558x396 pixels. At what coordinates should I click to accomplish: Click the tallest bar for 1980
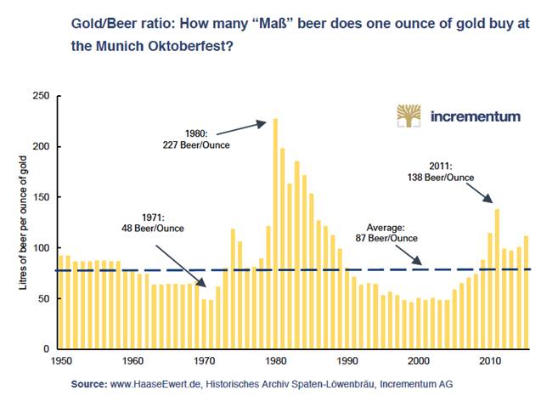tap(275, 234)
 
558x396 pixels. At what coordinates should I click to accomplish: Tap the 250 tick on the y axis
tap(39, 96)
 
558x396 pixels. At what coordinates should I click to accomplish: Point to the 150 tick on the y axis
tap(39, 197)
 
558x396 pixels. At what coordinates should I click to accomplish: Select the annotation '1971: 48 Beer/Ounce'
tap(154, 223)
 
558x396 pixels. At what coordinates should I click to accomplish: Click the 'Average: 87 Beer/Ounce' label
tap(386, 232)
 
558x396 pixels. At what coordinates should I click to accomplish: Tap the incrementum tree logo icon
tap(409, 116)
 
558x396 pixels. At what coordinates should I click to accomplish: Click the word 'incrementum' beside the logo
tap(476, 116)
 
